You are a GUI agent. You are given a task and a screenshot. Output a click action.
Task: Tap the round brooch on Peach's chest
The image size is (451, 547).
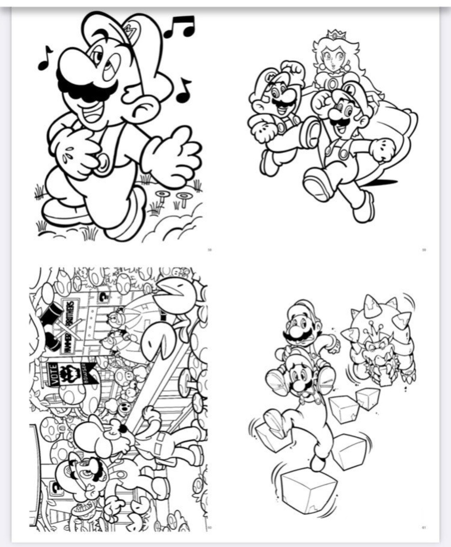332,84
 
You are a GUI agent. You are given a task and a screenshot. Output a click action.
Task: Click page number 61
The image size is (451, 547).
424,527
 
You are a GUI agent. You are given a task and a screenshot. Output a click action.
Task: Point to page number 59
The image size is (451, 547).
424,250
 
